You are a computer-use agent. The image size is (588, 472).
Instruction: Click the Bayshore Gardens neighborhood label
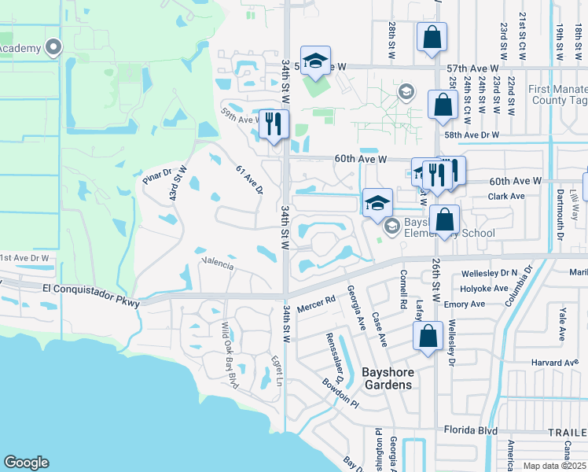tap(386, 378)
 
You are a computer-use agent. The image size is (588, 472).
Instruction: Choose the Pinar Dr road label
tap(157, 179)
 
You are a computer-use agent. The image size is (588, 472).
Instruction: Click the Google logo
tap(27, 463)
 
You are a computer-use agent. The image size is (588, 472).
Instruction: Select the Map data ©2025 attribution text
tap(554, 466)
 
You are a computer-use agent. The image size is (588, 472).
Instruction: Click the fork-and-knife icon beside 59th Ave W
tap(274, 124)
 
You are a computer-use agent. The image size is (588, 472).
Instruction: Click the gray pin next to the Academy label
tap(53, 47)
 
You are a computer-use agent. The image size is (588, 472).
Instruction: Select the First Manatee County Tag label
tap(557, 95)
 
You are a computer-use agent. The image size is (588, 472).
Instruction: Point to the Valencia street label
tap(218, 264)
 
